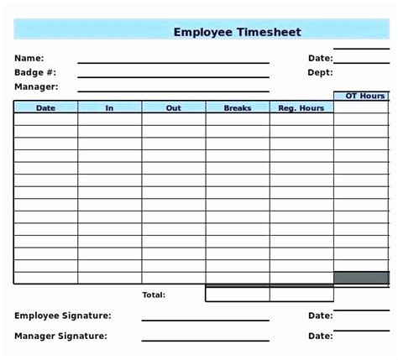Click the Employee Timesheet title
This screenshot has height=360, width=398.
tap(237, 32)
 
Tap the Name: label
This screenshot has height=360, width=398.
tap(29, 58)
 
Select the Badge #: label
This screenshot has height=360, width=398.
tap(34, 72)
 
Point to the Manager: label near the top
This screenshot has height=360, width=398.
tap(36, 86)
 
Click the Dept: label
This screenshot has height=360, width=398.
tap(320, 72)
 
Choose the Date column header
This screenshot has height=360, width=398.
tap(45, 107)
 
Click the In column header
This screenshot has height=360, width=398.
tap(109, 107)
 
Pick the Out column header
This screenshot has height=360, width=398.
tap(173, 107)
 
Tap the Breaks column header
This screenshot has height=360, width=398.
tap(238, 107)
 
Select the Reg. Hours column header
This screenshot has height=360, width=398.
tap(301, 107)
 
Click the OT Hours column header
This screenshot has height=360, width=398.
tap(365, 96)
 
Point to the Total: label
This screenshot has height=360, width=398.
tap(154, 295)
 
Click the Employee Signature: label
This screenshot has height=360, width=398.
tap(63, 316)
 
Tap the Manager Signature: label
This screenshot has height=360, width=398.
tap(60, 336)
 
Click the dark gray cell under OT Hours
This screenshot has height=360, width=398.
tap(365, 278)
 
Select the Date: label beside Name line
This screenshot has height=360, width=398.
tap(320, 58)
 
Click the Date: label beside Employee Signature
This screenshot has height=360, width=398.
tap(320, 316)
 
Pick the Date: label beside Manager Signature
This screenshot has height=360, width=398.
tap(320, 336)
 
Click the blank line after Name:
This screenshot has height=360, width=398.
tap(173, 62)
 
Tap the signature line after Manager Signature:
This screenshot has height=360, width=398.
tap(205, 340)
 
